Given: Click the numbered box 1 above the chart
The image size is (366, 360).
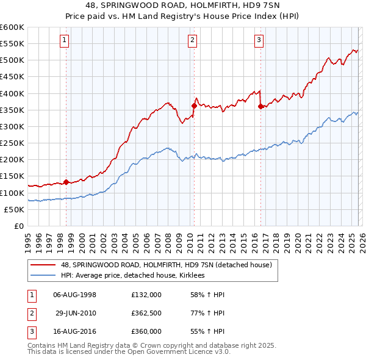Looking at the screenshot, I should (x=65, y=41).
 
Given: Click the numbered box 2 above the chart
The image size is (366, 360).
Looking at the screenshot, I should (x=192, y=41).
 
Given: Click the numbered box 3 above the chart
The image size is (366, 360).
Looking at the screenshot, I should (x=259, y=41).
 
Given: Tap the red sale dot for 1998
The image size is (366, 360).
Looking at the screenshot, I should (x=66, y=182).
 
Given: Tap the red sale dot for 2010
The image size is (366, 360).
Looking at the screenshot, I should (x=194, y=106).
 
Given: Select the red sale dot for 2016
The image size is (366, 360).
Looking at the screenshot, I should (x=260, y=107).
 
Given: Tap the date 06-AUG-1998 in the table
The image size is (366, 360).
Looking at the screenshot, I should (x=75, y=295).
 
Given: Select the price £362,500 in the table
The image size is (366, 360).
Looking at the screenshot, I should (x=146, y=313).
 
